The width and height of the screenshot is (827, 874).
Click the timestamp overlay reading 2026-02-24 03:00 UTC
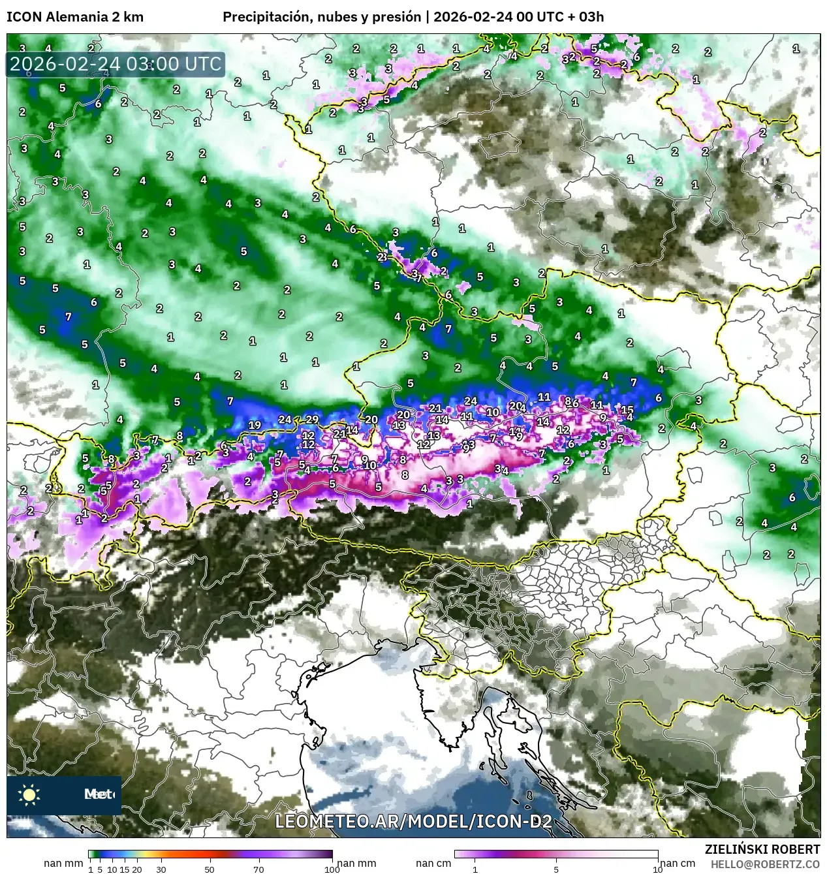116,64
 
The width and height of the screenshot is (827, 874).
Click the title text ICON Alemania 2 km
75,17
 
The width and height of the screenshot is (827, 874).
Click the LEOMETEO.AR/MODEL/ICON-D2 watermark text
413,821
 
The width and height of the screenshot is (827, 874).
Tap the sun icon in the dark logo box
29,794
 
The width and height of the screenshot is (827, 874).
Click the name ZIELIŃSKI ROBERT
762,849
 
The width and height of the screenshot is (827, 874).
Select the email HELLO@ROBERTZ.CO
765,864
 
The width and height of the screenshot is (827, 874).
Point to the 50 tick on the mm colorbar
210,869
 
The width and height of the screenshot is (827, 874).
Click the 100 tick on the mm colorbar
332,869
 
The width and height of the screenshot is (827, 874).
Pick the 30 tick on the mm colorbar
161,869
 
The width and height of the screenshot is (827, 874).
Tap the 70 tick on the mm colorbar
258,869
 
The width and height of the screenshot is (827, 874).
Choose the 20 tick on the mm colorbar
137,869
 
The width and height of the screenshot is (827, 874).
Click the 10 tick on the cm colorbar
657,869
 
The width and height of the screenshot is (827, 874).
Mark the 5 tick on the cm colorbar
556,869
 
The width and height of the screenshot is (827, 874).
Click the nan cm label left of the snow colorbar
433,864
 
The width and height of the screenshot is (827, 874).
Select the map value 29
312,420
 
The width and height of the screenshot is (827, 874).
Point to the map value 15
627,410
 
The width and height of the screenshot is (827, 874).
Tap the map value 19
255,425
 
